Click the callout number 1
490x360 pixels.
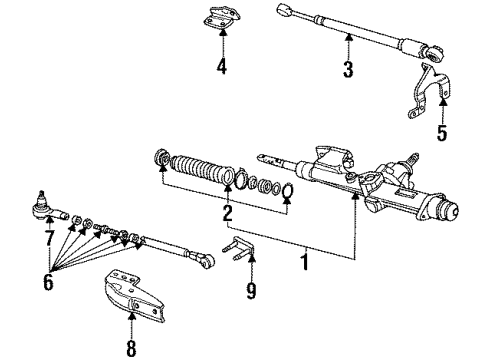click(304, 261)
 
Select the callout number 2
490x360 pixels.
click(227, 213)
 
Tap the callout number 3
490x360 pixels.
click(348, 69)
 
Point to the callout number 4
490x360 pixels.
click(222, 66)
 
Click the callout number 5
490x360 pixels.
click(442, 133)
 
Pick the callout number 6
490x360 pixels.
click(48, 282)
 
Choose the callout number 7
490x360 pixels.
click(49, 237)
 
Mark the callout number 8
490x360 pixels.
click(131, 348)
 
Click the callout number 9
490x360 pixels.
click(251, 291)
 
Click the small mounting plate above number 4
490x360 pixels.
click(222, 18)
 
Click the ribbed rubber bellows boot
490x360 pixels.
click(202, 169)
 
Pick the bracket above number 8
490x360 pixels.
click(134, 295)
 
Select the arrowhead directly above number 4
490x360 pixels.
click(222, 32)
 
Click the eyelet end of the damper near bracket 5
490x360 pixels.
click(434, 54)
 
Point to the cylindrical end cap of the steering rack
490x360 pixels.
click(449, 210)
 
